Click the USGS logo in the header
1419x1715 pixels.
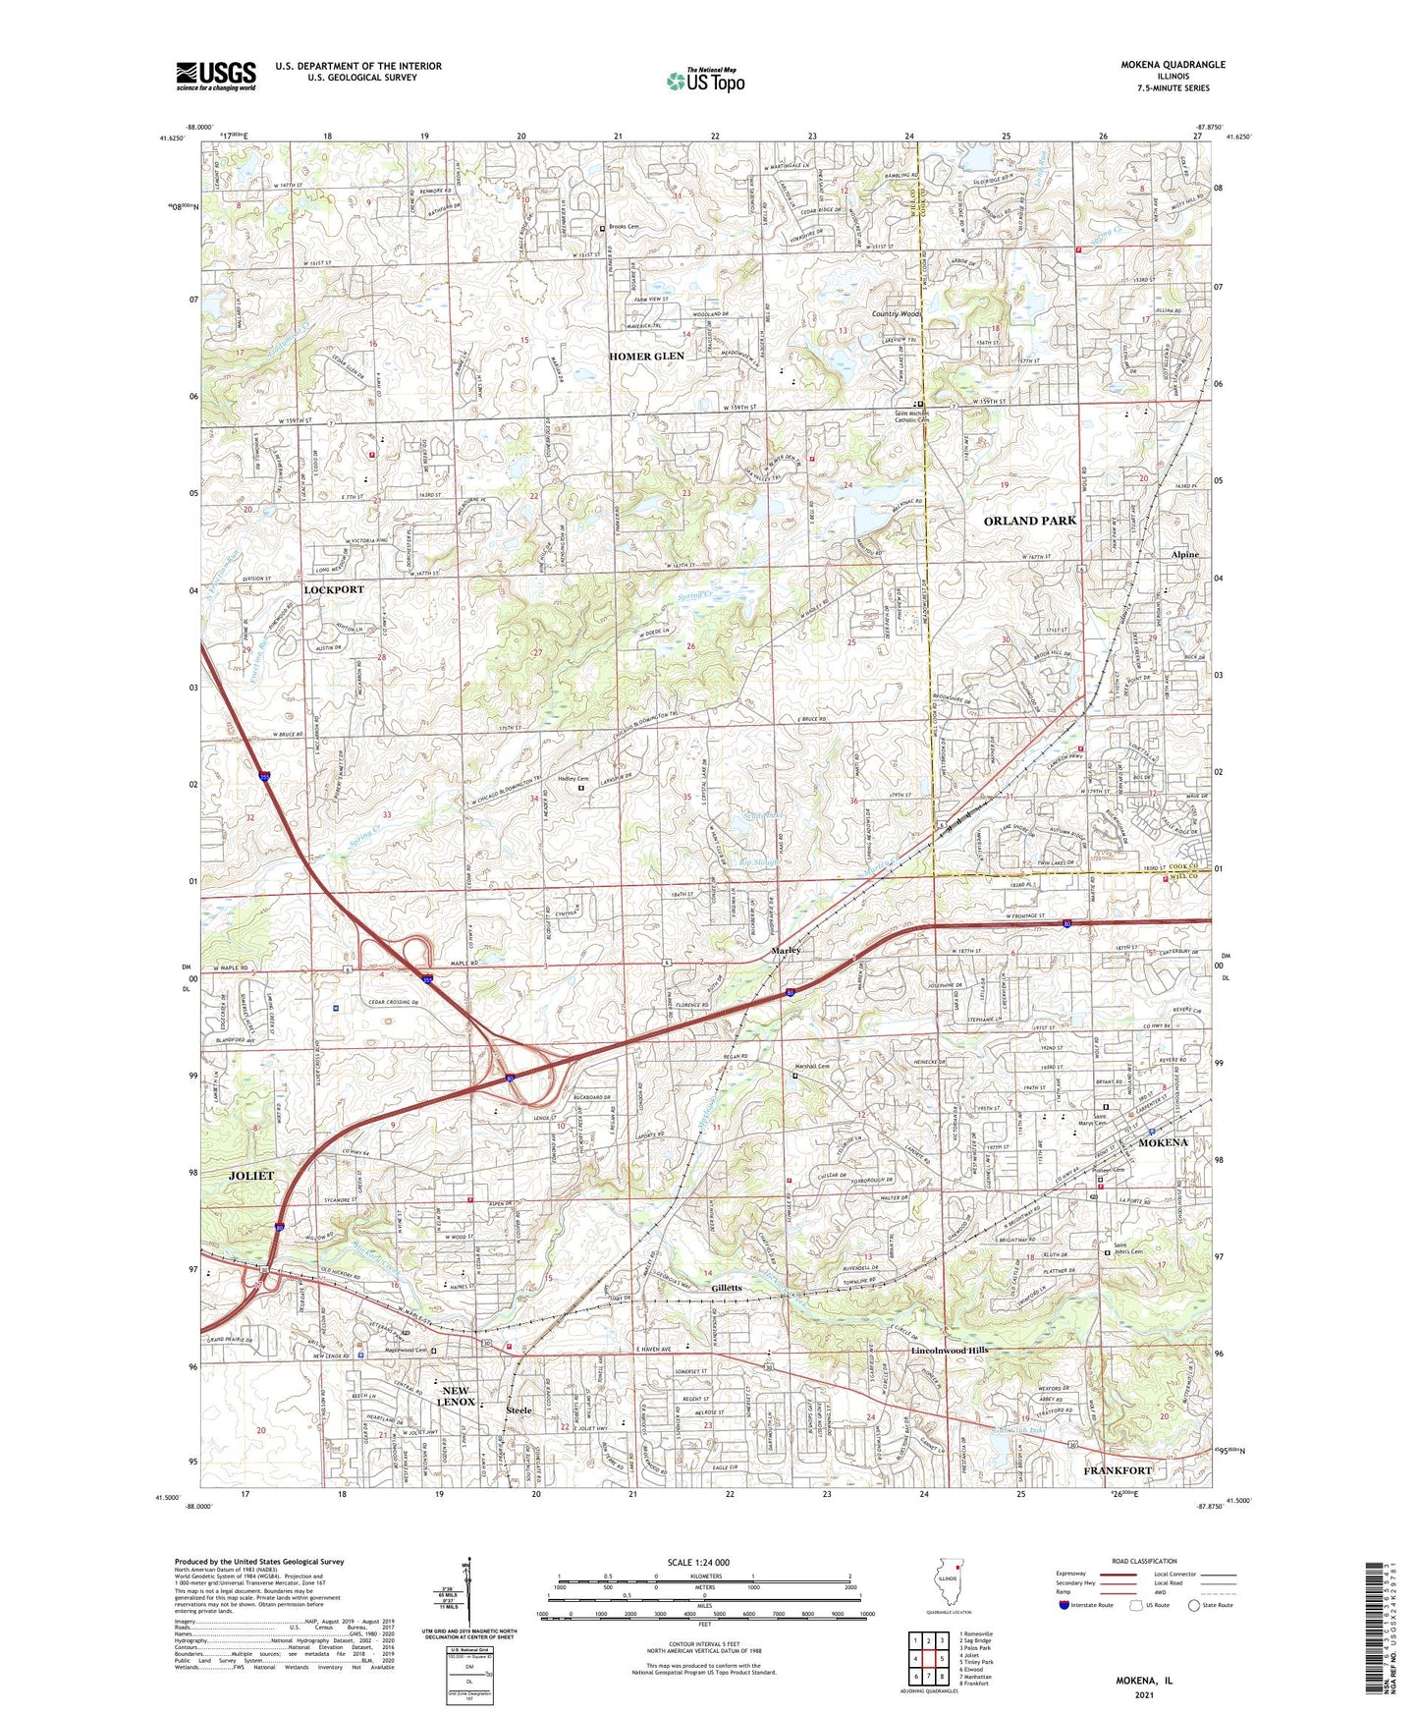tap(216, 76)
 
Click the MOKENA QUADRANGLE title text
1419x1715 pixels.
tap(1173, 65)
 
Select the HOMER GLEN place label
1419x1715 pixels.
tap(646, 357)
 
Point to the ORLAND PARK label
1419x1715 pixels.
tap(1030, 521)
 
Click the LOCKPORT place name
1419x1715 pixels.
tap(334, 590)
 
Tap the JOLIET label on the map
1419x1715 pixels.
tap(251, 1176)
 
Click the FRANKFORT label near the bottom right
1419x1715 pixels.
tap(1118, 1470)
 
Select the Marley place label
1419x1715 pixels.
tap(786, 951)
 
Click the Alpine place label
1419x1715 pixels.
tap(1185, 554)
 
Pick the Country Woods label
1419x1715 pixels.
tap(897, 314)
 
